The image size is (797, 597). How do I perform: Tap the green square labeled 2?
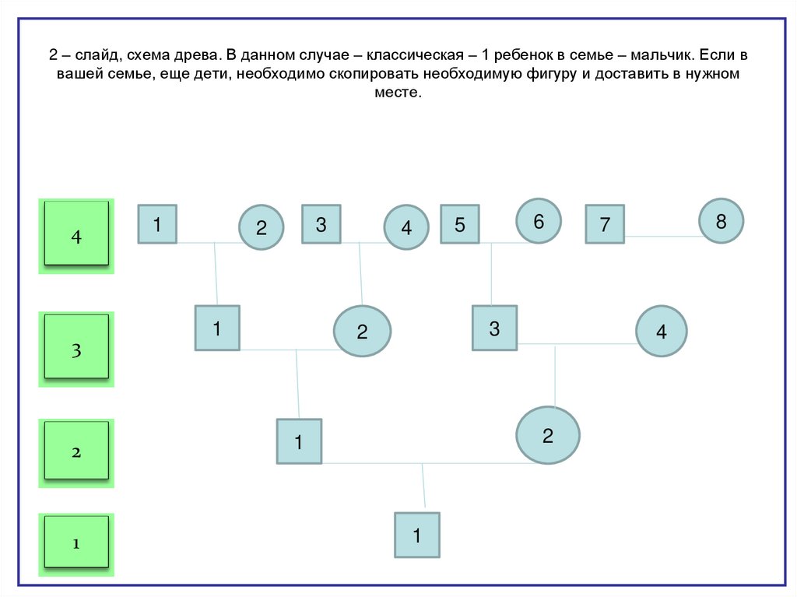tap(76, 451)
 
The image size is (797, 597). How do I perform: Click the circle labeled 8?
tap(721, 221)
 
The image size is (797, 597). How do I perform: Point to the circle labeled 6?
tap(538, 221)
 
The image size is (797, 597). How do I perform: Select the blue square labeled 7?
tap(605, 225)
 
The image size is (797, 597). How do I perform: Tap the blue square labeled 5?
tap(459, 225)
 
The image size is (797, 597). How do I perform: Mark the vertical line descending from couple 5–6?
tap(491, 274)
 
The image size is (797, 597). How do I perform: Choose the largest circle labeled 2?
tap(548, 435)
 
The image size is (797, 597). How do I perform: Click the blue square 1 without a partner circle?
tap(416, 535)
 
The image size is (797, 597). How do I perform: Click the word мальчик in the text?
tap(660, 57)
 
